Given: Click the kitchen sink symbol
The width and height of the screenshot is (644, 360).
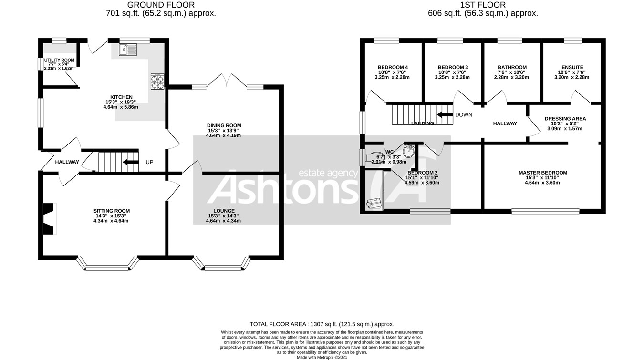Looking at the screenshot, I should (x=128, y=49).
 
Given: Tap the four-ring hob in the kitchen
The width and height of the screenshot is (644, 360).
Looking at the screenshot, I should (x=157, y=82).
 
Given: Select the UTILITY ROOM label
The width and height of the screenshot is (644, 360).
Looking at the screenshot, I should (x=59, y=60).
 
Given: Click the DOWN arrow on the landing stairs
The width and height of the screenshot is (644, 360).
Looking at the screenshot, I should (x=445, y=114).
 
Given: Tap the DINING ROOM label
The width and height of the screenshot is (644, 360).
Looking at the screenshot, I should (x=223, y=125).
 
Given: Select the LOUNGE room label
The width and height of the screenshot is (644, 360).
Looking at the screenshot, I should (x=224, y=211).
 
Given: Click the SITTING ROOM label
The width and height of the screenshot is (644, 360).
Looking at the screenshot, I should (x=112, y=211).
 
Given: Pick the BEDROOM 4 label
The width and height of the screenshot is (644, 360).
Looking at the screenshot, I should (x=393, y=67).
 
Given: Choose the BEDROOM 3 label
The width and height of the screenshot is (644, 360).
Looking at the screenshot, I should (x=453, y=67).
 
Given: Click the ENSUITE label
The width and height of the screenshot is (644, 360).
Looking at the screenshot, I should (x=572, y=67).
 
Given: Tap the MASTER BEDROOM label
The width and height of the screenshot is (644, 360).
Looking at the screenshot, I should (x=543, y=173).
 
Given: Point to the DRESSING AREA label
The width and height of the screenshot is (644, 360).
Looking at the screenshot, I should (x=565, y=119).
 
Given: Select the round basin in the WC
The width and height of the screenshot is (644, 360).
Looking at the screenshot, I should (x=409, y=152).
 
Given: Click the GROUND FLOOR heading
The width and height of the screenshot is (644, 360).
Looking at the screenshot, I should (x=161, y=5).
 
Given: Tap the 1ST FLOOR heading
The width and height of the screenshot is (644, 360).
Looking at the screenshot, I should (x=483, y=5).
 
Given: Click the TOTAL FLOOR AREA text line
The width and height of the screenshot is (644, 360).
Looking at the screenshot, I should (x=322, y=324).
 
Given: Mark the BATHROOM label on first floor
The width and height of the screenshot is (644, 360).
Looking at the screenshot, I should (x=512, y=67).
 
